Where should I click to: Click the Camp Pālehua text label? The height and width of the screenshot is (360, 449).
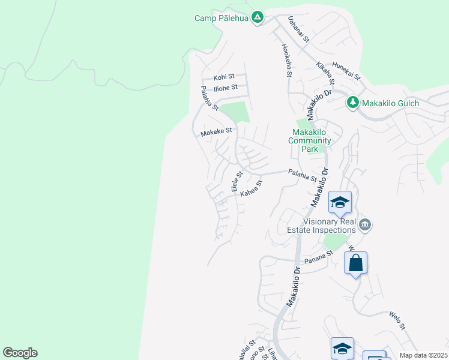click(x=221, y=18)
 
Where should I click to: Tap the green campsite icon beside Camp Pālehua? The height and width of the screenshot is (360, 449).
click(x=258, y=17)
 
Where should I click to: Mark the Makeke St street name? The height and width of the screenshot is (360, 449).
click(x=216, y=131)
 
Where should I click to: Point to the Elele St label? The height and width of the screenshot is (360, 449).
click(x=237, y=182)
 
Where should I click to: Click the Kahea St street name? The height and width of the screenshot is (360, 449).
click(x=252, y=189)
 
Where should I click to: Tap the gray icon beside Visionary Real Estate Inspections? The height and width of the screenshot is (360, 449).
click(x=366, y=225)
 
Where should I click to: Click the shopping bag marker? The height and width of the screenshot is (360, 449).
click(x=355, y=263)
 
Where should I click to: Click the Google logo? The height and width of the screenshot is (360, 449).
click(x=20, y=353)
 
